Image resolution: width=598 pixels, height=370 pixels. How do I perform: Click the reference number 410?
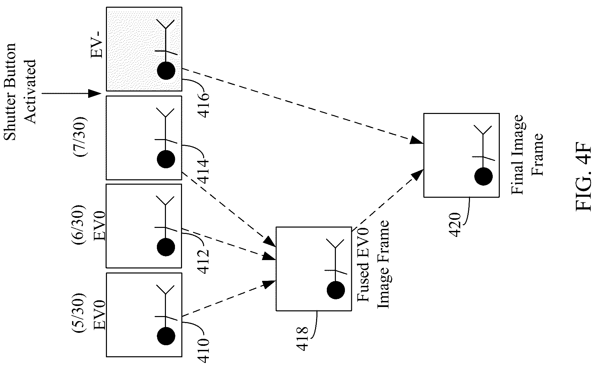click(x=203, y=351)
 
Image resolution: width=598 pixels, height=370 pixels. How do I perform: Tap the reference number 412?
click(x=203, y=261)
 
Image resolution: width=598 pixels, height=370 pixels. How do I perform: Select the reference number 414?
click(x=203, y=171)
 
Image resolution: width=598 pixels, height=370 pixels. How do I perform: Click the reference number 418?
click(x=302, y=338)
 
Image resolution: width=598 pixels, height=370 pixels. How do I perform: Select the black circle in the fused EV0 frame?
click(x=336, y=290)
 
